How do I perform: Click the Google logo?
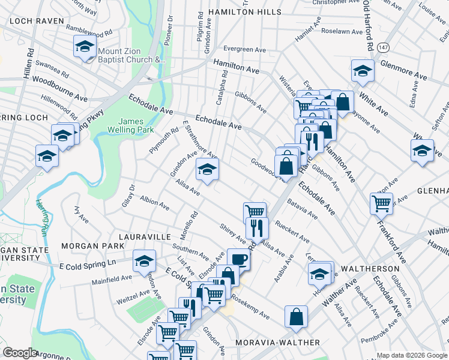coord(20,353)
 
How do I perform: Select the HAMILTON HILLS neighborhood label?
coord(244,12)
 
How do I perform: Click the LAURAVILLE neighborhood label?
coord(145,237)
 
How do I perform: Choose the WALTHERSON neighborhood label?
coord(370,268)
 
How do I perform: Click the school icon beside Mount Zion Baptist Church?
coord(85,46)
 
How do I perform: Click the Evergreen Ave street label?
coord(244,49)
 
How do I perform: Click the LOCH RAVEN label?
coord(36,20)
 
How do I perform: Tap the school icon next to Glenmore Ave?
coord(362,71)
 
